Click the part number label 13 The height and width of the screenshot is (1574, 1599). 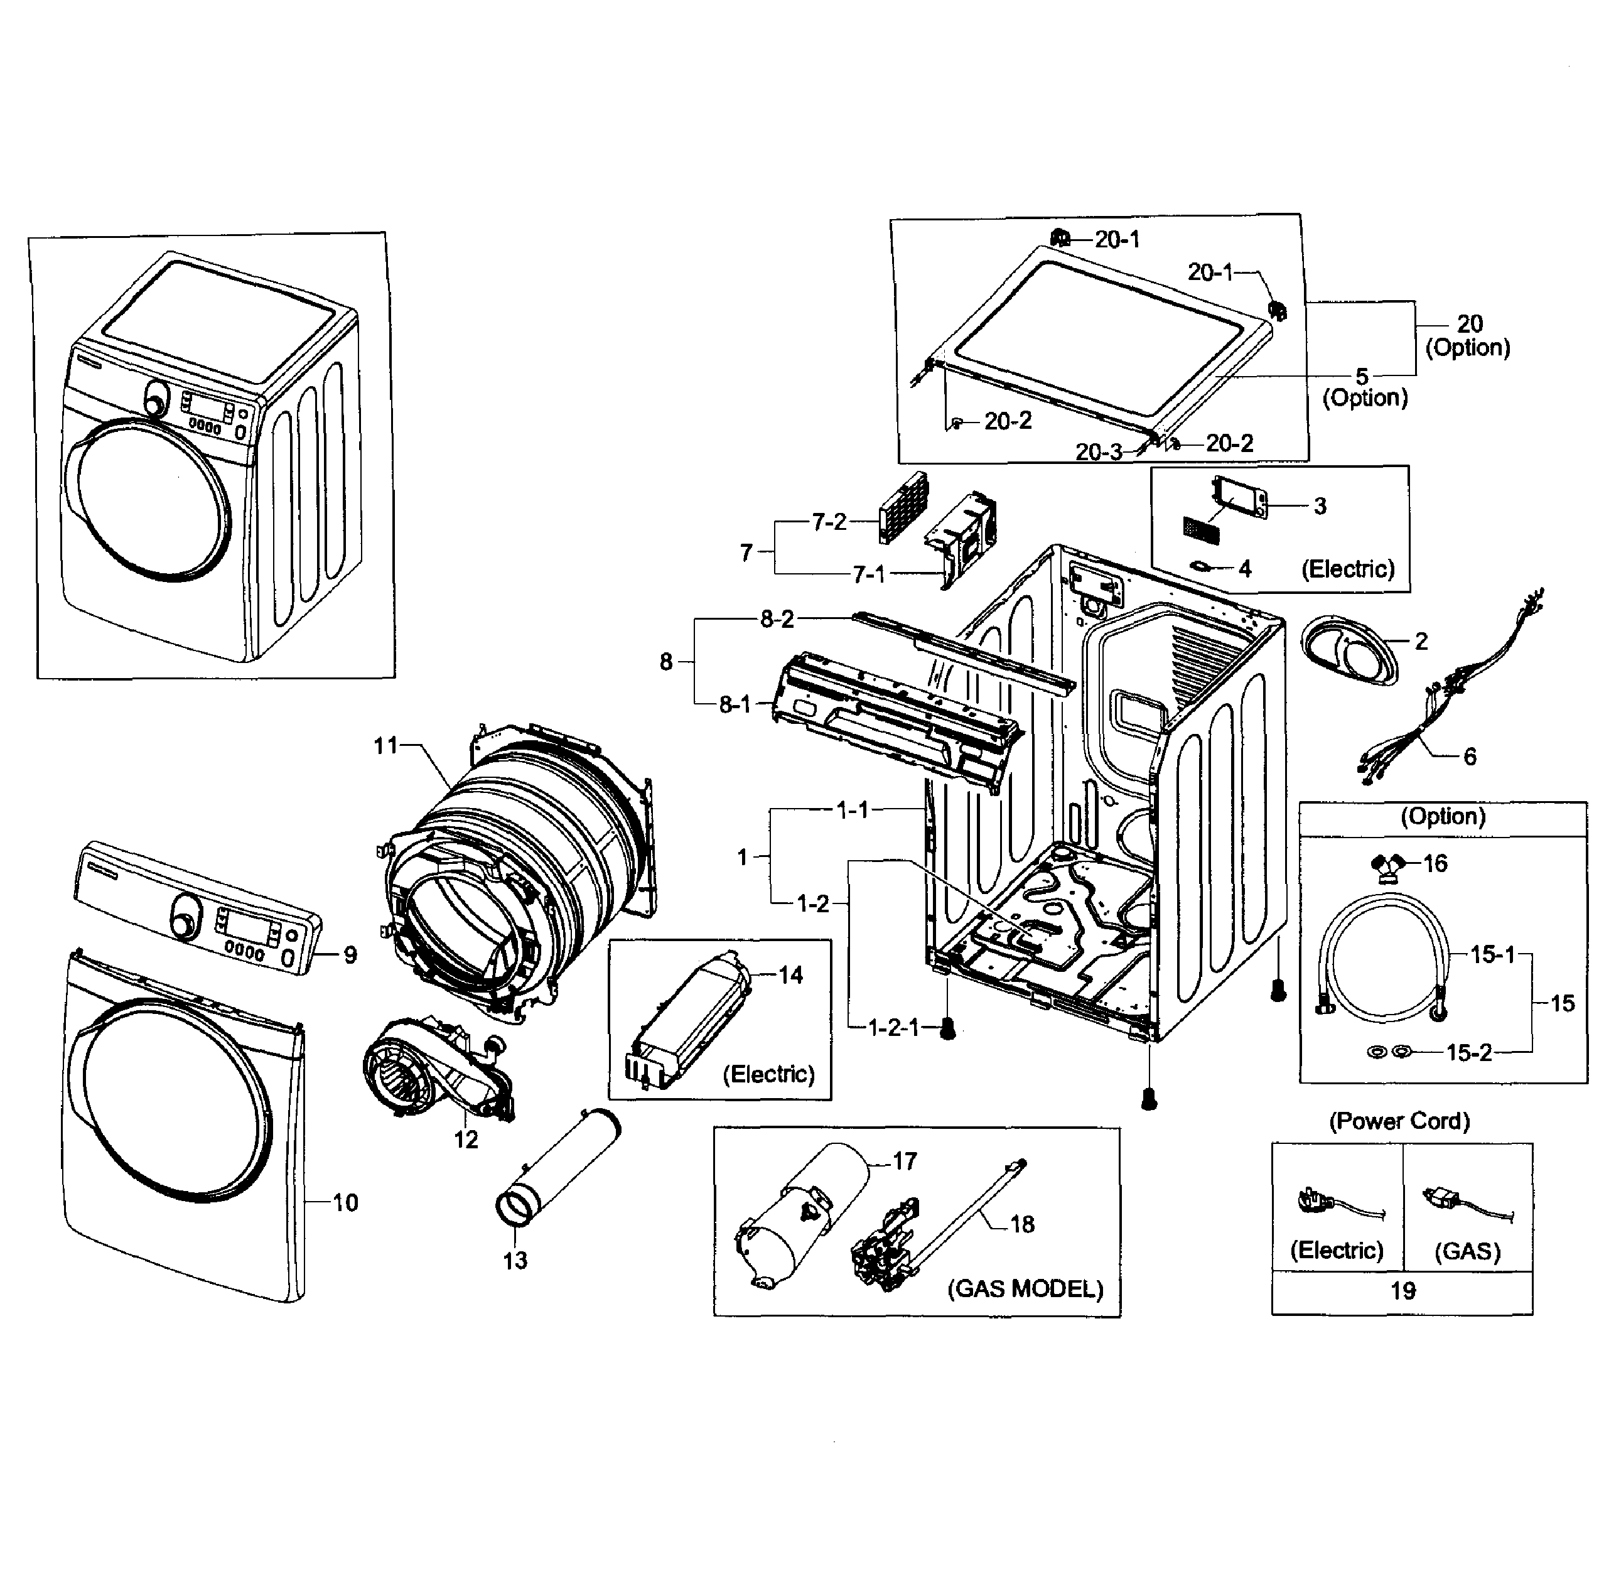[x=514, y=1260]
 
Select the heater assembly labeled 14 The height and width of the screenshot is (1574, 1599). [x=691, y=1021]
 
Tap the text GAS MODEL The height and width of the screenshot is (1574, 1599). [x=1025, y=1289]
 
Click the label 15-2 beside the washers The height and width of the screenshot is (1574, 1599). [x=1468, y=1052]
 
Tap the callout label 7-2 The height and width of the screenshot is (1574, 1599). [x=829, y=522]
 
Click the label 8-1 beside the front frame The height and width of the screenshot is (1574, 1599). [x=734, y=704]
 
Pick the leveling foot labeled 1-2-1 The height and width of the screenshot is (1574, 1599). [x=949, y=1029]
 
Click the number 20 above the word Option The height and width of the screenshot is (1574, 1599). [x=1469, y=323]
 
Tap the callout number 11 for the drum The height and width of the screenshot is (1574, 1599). [x=385, y=746]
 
